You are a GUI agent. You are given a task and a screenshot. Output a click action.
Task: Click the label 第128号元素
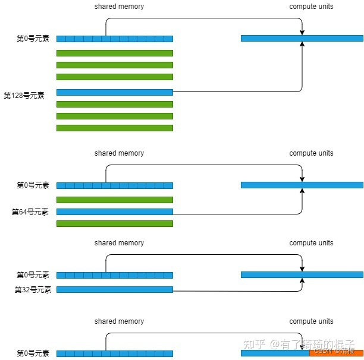click(24, 95)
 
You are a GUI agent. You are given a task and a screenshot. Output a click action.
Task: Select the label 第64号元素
click(30, 211)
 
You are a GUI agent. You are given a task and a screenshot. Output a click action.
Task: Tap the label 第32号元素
click(33, 290)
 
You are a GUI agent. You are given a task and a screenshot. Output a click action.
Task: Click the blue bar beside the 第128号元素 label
click(114, 92)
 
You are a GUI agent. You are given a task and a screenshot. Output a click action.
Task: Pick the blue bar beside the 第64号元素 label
click(114, 211)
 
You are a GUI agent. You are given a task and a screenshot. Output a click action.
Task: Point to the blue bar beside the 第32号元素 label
click(114, 290)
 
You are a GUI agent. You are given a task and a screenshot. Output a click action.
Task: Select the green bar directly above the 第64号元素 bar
click(114, 200)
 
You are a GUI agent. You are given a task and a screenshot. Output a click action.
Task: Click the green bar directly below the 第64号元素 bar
click(114, 223)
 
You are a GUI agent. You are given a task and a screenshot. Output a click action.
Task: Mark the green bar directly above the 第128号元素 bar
click(114, 77)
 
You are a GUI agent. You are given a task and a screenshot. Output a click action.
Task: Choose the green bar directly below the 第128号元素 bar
click(114, 104)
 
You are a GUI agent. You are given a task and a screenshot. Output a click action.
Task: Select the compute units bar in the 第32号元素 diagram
click(302, 274)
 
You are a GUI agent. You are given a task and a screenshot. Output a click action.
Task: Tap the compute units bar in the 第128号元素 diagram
click(302, 39)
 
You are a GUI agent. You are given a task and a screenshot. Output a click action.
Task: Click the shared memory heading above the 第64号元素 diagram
click(119, 153)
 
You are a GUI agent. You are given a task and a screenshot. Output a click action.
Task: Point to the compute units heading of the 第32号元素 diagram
click(311, 243)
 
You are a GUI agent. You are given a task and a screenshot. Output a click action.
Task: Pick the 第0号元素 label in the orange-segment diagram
click(33, 353)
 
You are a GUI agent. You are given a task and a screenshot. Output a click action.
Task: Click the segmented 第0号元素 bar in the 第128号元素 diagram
click(114, 39)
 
